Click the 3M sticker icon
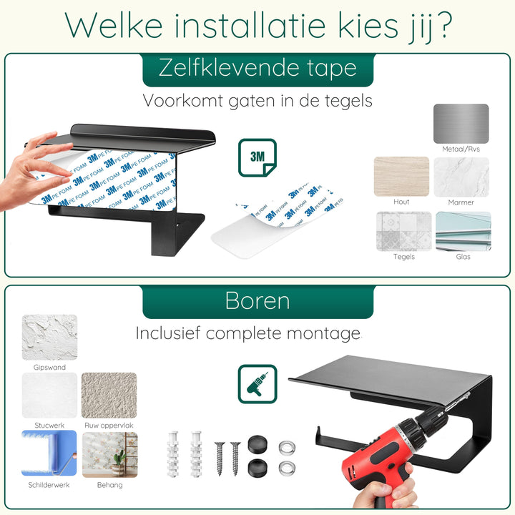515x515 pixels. (x=257, y=157)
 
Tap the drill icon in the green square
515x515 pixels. (x=257, y=384)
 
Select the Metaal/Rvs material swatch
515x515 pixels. (x=461, y=124)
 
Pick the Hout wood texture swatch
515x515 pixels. (x=401, y=177)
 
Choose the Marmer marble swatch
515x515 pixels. (x=461, y=177)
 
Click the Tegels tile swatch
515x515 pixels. (x=404, y=232)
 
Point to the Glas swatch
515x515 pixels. (x=463, y=232)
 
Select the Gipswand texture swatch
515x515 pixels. (x=49, y=338)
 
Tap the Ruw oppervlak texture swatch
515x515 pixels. (x=109, y=396)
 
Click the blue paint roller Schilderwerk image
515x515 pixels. (x=49, y=453)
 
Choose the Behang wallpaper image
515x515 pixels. (x=109, y=455)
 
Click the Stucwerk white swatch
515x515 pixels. (x=49, y=396)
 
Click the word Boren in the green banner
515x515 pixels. (x=257, y=301)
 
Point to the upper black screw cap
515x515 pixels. (x=257, y=444)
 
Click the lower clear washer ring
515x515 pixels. (x=287, y=469)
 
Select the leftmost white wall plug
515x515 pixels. (x=173, y=454)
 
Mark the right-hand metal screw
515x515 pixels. (x=235, y=458)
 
